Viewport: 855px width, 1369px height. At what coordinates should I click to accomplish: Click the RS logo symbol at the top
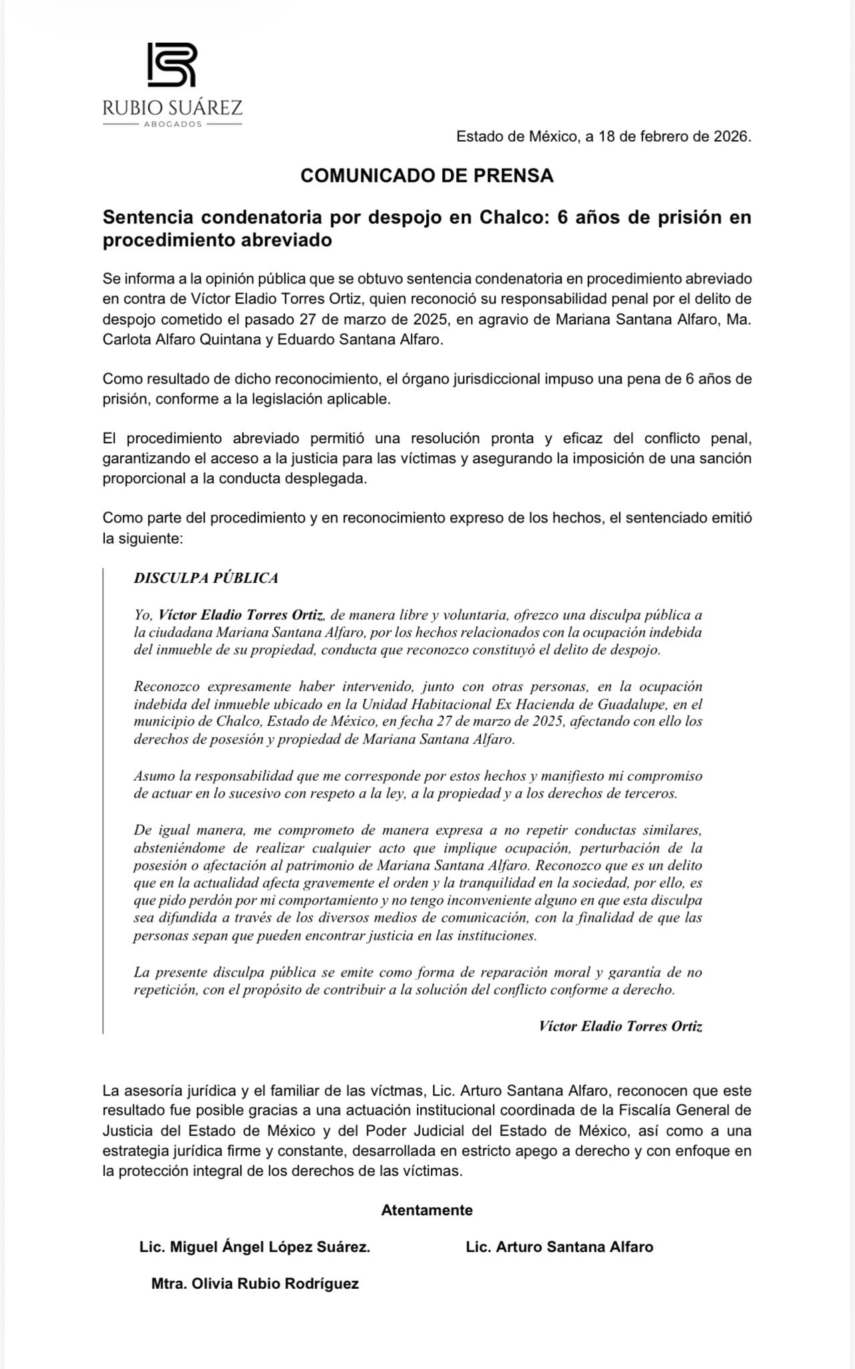tap(172, 65)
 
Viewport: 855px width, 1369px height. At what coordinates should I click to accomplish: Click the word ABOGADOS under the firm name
tap(172, 124)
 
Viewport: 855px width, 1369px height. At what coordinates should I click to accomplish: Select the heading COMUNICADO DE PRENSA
tap(427, 176)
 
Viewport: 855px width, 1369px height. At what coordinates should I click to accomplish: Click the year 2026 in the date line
tap(731, 137)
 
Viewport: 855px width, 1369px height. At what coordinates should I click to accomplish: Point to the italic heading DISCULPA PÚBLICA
tap(206, 578)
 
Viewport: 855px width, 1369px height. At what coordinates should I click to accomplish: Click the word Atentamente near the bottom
tap(427, 1210)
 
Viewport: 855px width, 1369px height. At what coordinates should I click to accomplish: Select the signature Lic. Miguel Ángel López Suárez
tap(254, 1247)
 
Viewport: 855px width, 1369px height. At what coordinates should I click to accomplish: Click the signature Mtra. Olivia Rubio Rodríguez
tap(254, 1283)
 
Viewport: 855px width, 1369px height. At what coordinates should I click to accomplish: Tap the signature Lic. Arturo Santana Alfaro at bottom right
tap(559, 1247)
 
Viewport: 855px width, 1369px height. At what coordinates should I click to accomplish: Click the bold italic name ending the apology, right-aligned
tap(620, 1026)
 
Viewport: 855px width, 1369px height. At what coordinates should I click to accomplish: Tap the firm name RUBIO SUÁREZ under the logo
tap(172, 107)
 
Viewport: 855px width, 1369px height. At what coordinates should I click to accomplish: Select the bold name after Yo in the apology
tap(241, 615)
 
